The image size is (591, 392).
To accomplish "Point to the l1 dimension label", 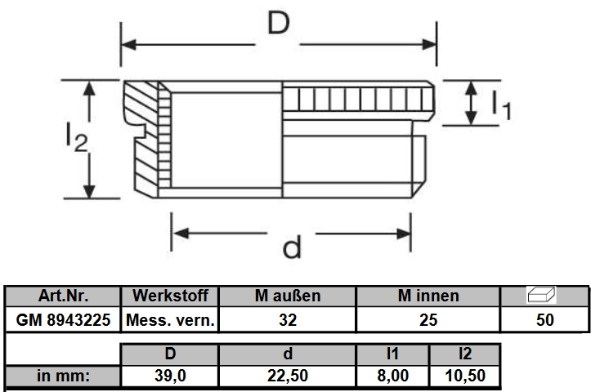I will pyautogui.click(x=501, y=105).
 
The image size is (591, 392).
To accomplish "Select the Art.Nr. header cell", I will pyautogui.click(x=63, y=296).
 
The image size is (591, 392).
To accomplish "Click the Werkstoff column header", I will pyautogui.click(x=170, y=296).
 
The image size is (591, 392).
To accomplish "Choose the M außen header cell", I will pyautogui.click(x=288, y=296).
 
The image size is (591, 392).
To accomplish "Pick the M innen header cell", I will pyautogui.click(x=428, y=296).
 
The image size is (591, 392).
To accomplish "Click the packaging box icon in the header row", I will pyautogui.click(x=544, y=294).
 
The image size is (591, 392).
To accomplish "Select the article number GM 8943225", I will pyautogui.click(x=63, y=320).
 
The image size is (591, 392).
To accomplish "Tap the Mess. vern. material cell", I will pyautogui.click(x=170, y=320).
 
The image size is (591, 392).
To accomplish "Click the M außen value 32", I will pyautogui.click(x=288, y=320).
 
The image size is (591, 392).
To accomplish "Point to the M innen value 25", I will pyautogui.click(x=428, y=320).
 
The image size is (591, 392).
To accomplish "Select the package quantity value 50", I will pyautogui.click(x=544, y=320).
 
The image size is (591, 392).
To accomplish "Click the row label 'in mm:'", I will pyautogui.click(x=63, y=377).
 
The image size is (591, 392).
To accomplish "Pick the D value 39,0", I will pyautogui.click(x=170, y=377).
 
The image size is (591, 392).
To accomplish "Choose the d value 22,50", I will pyautogui.click(x=288, y=377).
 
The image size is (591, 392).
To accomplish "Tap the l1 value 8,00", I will pyautogui.click(x=393, y=377).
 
